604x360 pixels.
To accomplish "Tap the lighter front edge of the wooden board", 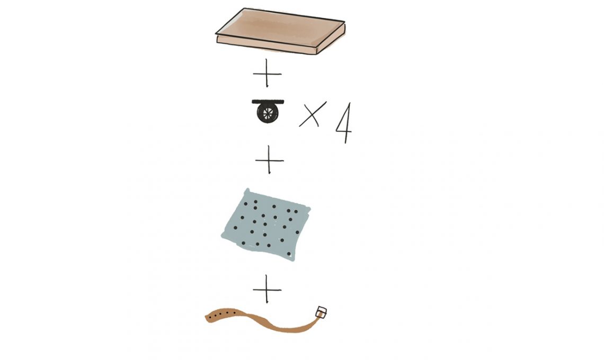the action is (267, 44).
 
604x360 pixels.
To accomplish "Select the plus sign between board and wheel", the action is (267, 73).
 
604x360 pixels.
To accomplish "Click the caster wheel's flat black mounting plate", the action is (268, 102).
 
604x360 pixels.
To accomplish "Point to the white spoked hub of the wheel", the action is (268, 113).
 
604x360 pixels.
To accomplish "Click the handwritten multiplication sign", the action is (313, 114).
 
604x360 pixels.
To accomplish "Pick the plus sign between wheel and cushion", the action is (269, 160).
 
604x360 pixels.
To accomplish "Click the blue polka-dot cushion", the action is (266, 225).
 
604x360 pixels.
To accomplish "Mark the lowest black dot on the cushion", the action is (289, 254).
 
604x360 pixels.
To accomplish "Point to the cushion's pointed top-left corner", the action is (247, 190).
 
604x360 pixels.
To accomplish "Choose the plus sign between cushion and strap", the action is (267, 289).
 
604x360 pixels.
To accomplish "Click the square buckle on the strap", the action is (321, 312).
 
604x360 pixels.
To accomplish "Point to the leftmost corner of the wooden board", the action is (216, 34).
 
